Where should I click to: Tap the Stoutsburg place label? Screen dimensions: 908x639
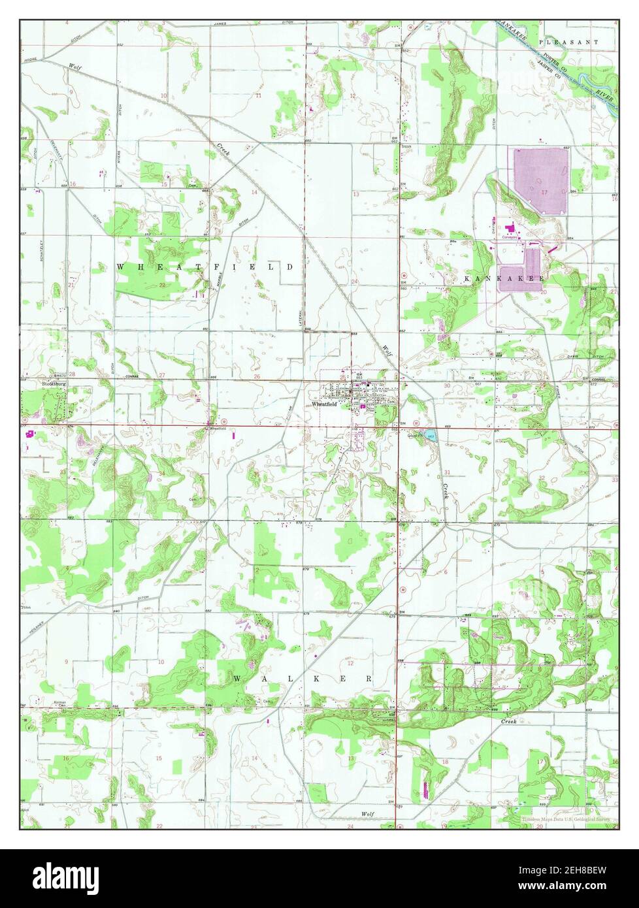coord(54,384)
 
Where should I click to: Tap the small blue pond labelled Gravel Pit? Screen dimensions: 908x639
coord(427,435)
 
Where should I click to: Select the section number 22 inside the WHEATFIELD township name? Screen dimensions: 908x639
coord(161,285)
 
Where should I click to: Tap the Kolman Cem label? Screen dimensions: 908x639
coord(60,704)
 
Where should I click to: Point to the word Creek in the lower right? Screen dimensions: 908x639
coord(508,721)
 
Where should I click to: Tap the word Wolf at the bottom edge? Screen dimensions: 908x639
coord(367,813)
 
